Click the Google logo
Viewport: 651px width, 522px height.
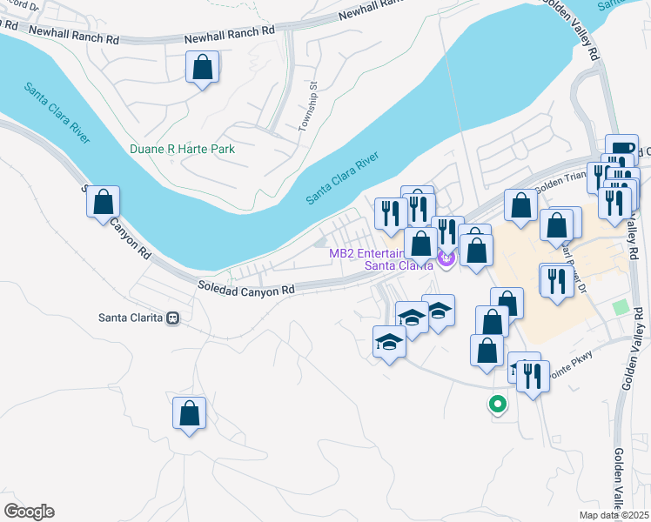tap(29, 512)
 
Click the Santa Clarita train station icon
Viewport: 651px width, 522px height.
tap(173, 318)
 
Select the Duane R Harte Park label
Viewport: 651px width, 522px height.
tap(182, 149)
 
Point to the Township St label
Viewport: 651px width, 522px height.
tap(305, 107)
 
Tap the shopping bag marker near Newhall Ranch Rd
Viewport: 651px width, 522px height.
tap(202, 67)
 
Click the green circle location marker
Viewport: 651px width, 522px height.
tap(497, 404)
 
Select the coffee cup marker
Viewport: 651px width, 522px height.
tap(621, 149)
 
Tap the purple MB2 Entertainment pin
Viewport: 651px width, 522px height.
tap(447, 258)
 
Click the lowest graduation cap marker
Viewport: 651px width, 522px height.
tap(389, 341)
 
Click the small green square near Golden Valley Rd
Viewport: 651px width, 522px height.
tap(620, 307)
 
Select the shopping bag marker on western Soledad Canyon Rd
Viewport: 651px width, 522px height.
tap(104, 202)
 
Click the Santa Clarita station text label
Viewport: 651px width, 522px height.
tap(131, 318)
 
